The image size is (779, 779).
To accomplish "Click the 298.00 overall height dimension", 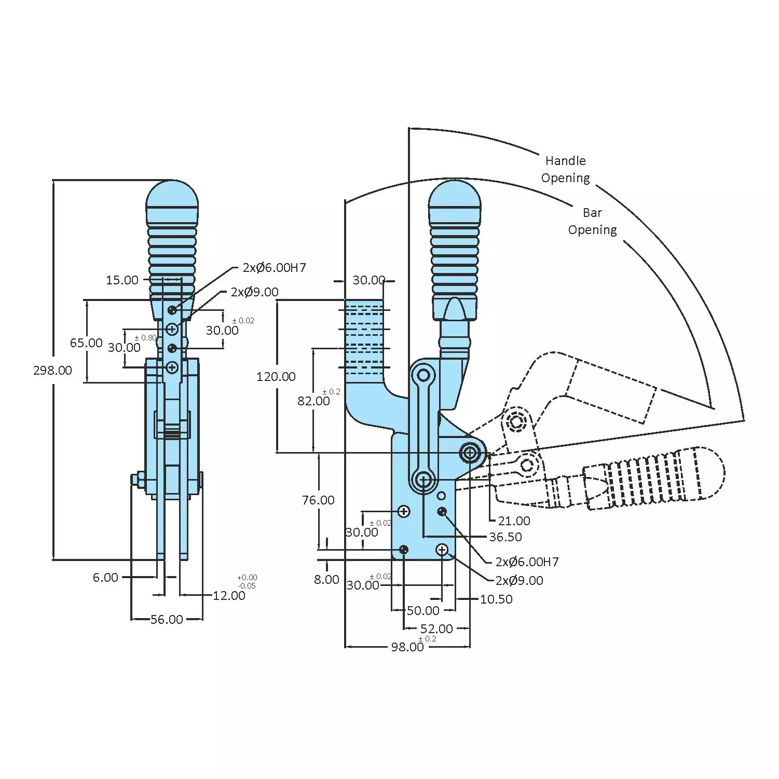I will tap(52, 371).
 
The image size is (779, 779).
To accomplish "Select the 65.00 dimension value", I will tap(86, 343).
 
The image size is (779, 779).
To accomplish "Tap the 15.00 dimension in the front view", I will tap(122, 280).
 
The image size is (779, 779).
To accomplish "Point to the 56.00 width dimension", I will tap(167, 620).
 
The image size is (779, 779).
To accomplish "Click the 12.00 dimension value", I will tap(229, 596).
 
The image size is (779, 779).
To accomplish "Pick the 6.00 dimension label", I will tap(105, 578).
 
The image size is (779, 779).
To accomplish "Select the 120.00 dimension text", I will tap(276, 377).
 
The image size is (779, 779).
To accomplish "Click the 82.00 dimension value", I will tap(313, 401).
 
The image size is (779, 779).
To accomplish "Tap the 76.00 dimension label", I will tap(318, 500).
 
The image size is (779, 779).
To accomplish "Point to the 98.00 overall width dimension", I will tap(407, 647).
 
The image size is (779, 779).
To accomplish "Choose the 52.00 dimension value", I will tap(436, 629).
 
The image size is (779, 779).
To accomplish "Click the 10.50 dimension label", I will tap(496, 599).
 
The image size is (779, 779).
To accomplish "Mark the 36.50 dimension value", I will tap(505, 537).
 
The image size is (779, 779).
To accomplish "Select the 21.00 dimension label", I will tap(514, 521).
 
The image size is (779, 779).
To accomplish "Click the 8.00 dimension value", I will tap(326, 580).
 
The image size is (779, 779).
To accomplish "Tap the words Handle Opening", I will tap(565, 169).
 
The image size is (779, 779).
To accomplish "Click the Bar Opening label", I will tap(592, 221).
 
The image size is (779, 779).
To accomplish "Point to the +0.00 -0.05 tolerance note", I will tap(247, 582).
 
